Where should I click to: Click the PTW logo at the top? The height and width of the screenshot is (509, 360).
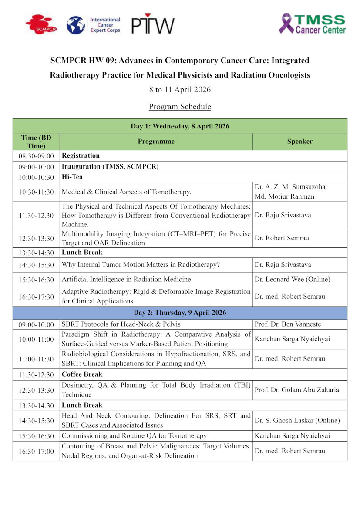pos(153,25)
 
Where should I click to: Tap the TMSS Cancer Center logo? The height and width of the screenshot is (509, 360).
pos(313,24)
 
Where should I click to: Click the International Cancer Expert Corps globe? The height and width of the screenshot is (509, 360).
pos(76,25)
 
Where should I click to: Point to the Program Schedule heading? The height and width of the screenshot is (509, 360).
pos(180,107)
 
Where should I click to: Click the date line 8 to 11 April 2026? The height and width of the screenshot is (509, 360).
pos(180,90)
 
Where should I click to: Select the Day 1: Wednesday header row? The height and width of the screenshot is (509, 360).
pos(180,126)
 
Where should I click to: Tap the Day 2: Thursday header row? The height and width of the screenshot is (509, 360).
pos(180,313)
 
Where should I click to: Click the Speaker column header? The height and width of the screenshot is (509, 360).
pos(299,142)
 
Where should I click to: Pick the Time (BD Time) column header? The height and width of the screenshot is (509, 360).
pos(36,142)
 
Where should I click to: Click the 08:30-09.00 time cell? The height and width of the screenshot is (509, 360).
pos(36,156)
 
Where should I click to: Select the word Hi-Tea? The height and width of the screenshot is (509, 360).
pos(72,177)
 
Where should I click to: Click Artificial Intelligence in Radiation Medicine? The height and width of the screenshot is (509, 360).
pos(126,280)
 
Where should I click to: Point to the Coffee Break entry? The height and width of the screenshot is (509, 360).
pos(82,374)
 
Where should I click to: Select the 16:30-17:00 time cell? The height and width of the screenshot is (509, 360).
pos(36,452)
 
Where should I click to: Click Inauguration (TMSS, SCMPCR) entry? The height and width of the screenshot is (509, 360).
pos(110,167)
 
